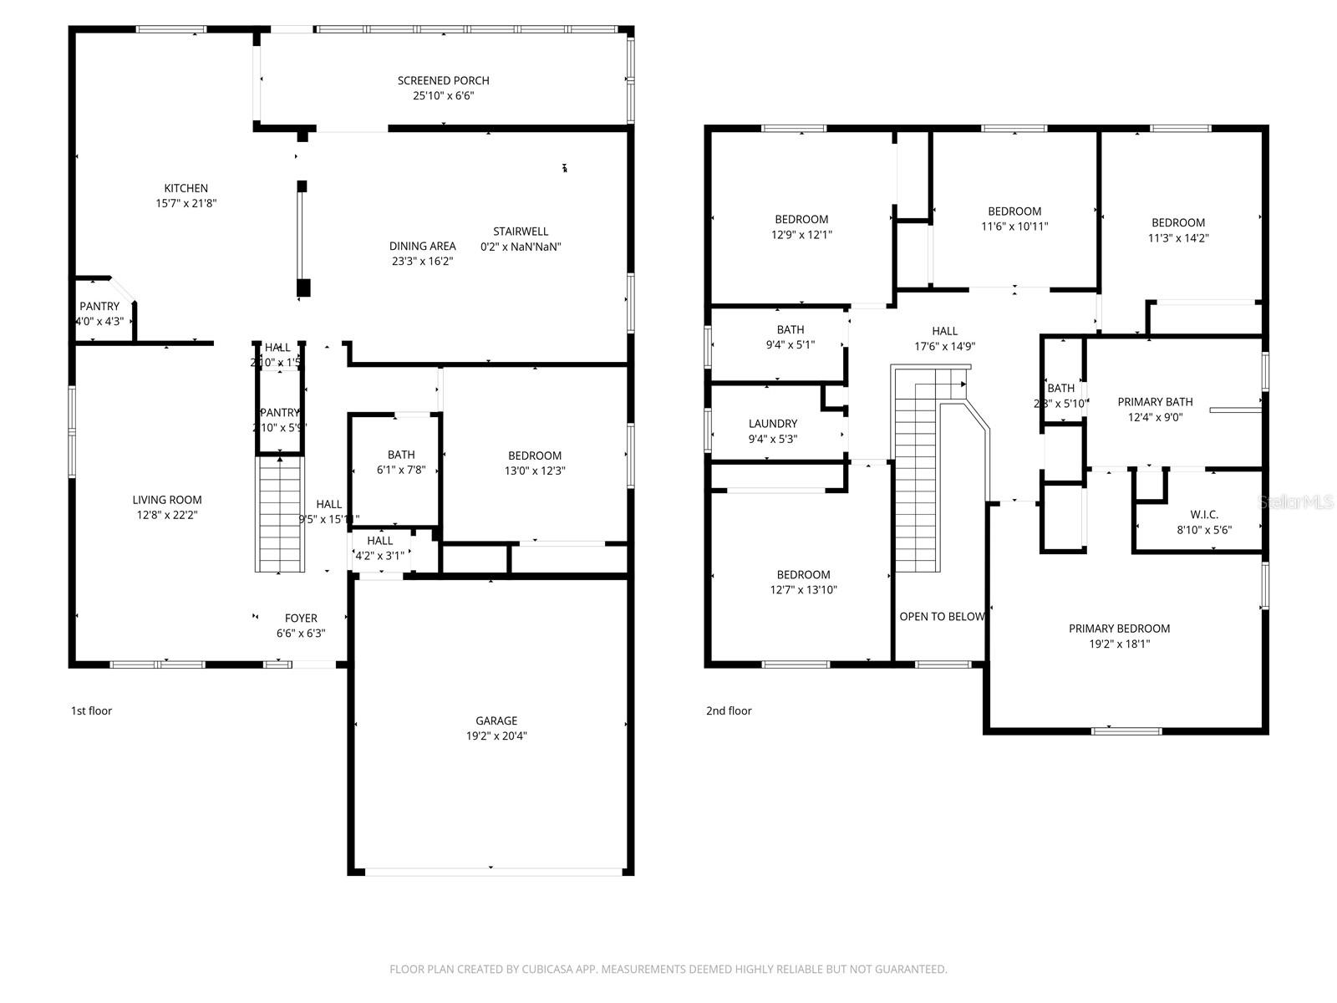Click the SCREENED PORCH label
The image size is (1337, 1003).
point(443,81)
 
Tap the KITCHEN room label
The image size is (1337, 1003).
point(186,188)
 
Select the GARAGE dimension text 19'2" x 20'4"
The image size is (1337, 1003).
point(496,736)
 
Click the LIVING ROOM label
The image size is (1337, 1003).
point(167,500)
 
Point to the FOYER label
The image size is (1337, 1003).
point(301,619)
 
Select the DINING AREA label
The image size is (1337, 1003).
point(422,246)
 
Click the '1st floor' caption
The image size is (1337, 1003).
point(91,711)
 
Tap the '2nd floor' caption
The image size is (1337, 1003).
point(729,711)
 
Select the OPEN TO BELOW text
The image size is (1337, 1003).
point(942,617)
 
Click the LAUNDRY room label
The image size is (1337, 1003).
point(772,424)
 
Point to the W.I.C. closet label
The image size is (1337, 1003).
point(1204,514)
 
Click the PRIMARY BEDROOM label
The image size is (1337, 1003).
point(1119,629)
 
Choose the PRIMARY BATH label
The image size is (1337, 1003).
point(1155,402)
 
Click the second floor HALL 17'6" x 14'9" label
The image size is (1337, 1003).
point(944,331)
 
